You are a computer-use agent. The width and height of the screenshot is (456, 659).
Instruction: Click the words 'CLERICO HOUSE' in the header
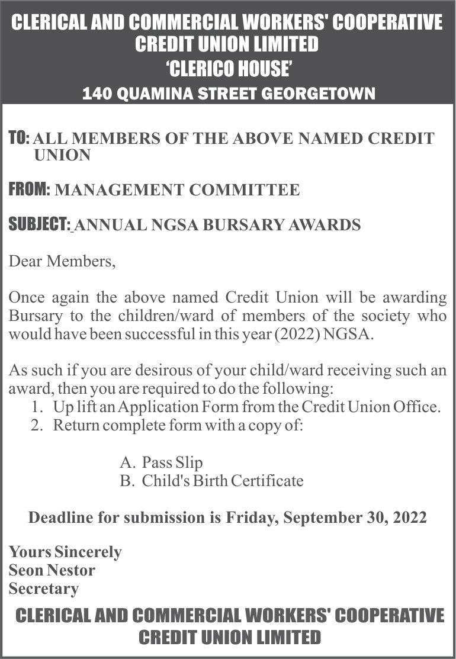228,70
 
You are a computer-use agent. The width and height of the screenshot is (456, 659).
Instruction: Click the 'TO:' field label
19,139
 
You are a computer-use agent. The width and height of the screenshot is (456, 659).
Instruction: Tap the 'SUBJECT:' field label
40,225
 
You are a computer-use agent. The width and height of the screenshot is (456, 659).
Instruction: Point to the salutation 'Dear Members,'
62,261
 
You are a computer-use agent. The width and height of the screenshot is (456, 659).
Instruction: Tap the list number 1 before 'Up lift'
37,407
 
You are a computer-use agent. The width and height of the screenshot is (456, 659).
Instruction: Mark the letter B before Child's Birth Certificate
126,481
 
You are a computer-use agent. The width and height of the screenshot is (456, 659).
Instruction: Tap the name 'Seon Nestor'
52,571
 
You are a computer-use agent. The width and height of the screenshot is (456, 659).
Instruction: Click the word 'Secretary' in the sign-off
43,589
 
